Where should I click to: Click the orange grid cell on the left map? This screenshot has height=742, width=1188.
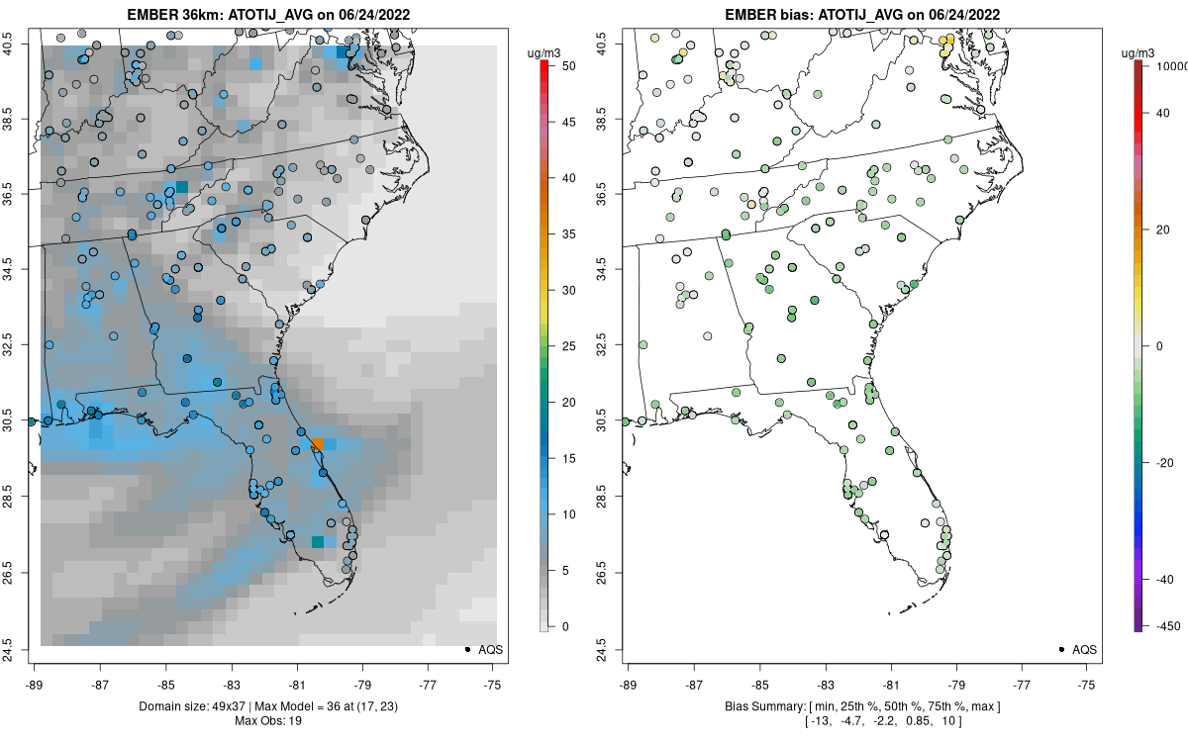pyautogui.click(x=318, y=445)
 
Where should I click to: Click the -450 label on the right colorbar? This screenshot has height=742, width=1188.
pyautogui.click(x=1166, y=626)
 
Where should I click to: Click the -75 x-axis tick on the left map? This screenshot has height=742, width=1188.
pyautogui.click(x=494, y=684)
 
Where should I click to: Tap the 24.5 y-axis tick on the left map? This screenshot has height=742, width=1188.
pyautogui.click(x=21, y=649)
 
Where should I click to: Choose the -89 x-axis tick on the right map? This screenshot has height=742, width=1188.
pyautogui.click(x=628, y=684)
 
